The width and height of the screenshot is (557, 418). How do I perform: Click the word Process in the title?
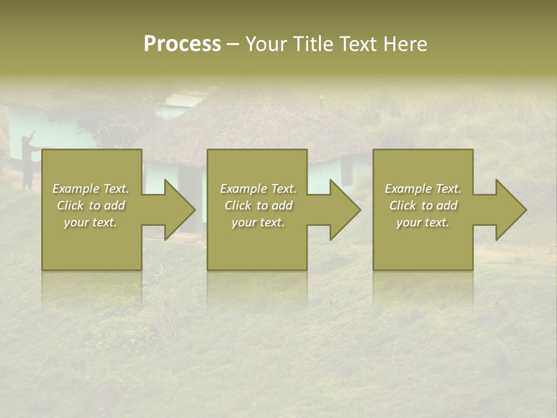[182, 44]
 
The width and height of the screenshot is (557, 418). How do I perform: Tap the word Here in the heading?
[405, 44]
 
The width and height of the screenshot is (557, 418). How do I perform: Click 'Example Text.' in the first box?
[91, 189]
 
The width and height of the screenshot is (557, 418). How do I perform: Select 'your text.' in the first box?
[91, 222]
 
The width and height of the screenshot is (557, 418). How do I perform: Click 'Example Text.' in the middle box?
[258, 189]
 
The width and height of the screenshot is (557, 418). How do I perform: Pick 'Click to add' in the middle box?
[258, 206]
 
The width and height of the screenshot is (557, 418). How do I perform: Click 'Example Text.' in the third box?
[423, 189]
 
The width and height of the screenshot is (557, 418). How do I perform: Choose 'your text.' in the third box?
[423, 222]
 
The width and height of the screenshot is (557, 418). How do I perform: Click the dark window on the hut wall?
[346, 170]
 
